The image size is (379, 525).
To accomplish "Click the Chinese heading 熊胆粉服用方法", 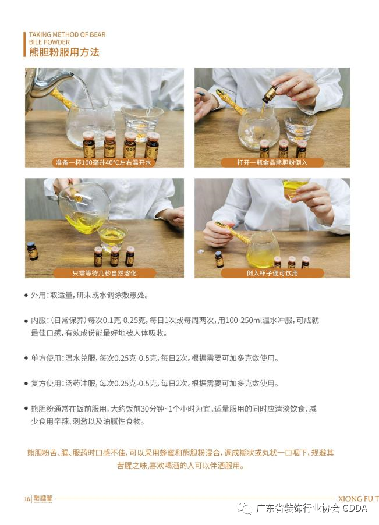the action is pos(64,52).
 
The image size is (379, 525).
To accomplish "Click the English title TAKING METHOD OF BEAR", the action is pos(67,34).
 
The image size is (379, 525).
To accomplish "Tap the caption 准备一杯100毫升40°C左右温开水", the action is pos(104,163).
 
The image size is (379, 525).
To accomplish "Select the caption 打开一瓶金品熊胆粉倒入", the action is pos(272,163).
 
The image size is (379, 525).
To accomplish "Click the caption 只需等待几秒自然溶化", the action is pos(104,273).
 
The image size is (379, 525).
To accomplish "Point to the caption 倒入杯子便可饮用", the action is pos(272,273).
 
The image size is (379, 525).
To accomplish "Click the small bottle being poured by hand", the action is pos(270,94).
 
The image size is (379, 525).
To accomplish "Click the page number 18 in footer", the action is pos(27,499).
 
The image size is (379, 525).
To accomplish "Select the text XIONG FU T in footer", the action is pos(358,499).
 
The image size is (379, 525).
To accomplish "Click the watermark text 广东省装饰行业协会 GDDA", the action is pos(311,508).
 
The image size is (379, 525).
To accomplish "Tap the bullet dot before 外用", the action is pos(26,296).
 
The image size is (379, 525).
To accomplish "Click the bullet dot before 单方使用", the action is pos(26,359).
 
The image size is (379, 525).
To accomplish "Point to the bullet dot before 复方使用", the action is pos(26,384).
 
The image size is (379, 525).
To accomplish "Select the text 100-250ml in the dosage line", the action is pos(244,321).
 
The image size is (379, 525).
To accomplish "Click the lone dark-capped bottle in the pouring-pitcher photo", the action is pos(33,251).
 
